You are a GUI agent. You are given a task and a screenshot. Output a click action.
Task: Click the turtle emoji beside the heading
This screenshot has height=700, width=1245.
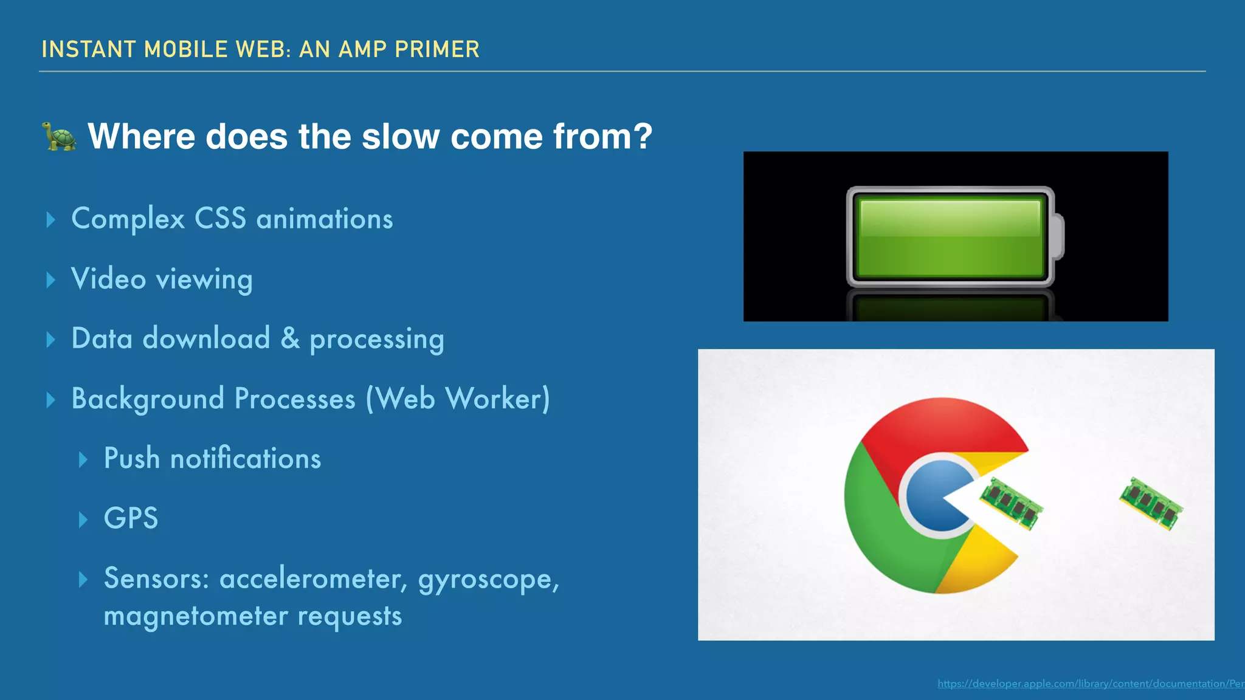[59, 136]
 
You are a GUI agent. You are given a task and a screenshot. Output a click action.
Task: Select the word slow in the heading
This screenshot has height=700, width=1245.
[401, 136]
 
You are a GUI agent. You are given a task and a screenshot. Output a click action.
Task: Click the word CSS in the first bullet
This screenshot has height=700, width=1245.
[220, 219]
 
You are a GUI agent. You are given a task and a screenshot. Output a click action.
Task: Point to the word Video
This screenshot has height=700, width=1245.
[109, 279]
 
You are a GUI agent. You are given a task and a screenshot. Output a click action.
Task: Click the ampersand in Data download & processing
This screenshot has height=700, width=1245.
[290, 338]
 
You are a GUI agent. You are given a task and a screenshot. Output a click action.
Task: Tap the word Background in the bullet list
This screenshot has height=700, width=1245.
[148, 399]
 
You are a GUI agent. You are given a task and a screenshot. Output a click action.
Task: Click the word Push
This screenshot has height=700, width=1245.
[132, 458]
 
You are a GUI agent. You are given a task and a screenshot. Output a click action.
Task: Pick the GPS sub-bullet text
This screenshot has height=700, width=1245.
[131, 518]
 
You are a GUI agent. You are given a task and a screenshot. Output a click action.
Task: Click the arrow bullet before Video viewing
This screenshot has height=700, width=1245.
[51, 280]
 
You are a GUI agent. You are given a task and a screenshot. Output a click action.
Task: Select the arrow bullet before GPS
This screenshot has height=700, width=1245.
[83, 520]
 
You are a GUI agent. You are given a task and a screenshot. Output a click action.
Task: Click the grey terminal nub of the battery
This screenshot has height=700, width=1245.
[1058, 236]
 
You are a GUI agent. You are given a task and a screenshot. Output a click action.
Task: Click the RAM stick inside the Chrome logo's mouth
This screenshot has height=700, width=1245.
[1011, 503]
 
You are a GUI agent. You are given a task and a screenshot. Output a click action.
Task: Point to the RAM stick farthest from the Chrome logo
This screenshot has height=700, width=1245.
[1151, 503]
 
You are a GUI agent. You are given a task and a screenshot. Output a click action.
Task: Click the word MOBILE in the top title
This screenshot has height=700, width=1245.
[185, 49]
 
